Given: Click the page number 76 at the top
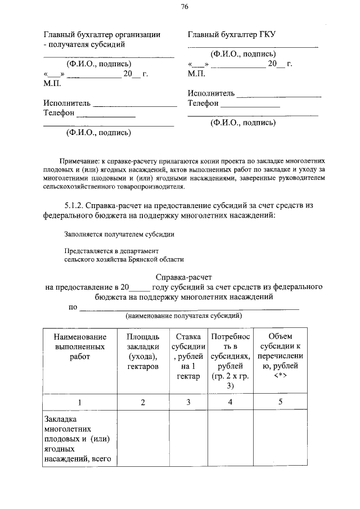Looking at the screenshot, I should point(184,7).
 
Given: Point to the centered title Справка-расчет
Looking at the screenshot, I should point(183,276).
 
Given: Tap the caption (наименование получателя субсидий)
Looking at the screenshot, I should point(183,317).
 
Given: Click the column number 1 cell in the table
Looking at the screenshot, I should point(80,402).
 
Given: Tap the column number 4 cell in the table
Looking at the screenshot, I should point(230,402).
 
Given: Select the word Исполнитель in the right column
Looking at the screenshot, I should point(211,93).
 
